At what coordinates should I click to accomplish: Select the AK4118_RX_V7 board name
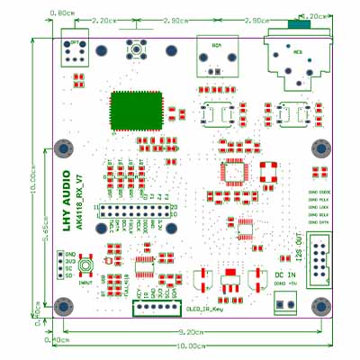(78, 200)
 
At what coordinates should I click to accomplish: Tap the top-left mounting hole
(63, 148)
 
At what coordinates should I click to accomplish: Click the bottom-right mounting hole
(319, 307)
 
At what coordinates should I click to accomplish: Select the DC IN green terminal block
(283, 305)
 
